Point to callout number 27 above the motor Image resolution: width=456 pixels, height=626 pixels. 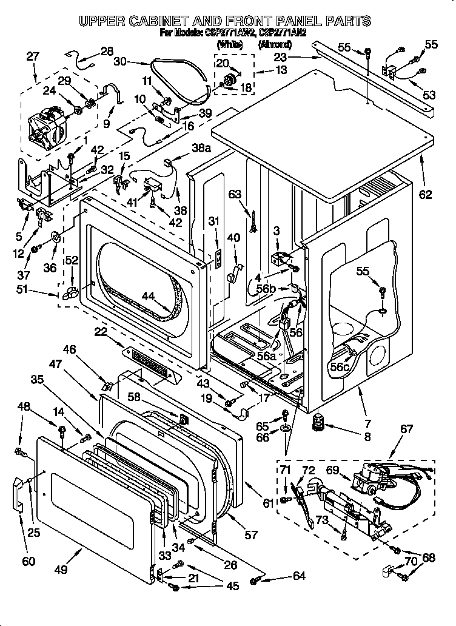tap(33, 56)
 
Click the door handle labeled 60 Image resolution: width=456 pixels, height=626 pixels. tap(19, 494)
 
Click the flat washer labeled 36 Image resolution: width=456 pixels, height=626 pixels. tap(54, 236)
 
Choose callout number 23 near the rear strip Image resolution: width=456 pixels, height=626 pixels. tap(281, 58)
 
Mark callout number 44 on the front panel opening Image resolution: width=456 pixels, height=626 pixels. tap(147, 297)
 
